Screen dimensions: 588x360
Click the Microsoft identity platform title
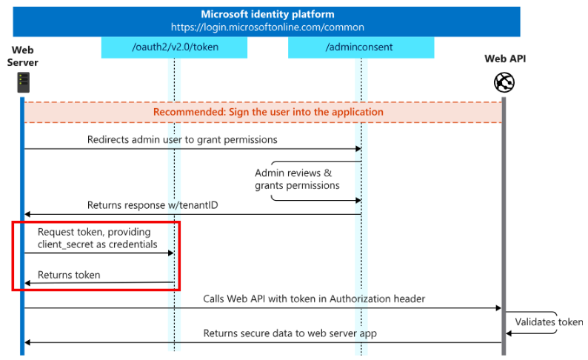pos(267,14)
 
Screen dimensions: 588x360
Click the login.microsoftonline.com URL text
pos(267,27)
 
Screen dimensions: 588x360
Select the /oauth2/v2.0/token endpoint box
pos(174,47)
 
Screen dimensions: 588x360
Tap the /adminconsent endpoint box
pos(361,47)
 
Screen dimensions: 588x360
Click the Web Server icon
pos(23,82)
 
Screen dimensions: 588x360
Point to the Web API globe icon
pos(504,82)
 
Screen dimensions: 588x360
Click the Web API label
pos(505,59)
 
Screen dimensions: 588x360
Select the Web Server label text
pos(22,56)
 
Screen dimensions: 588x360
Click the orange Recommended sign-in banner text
pos(268,112)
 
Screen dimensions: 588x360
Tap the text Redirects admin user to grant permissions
pos(182,140)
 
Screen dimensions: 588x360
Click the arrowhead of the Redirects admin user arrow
pos(358,149)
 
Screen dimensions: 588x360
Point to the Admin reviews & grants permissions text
pos(297,179)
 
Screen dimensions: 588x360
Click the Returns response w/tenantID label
pos(153,205)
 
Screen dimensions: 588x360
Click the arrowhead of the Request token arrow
pos(171,253)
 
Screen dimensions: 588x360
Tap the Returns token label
pos(69,276)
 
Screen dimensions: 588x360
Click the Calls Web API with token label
pos(314,299)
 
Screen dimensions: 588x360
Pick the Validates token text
pos(549,322)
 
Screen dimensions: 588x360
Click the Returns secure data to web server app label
pos(290,333)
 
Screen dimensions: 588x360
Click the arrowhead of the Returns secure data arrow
pos(27,342)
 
